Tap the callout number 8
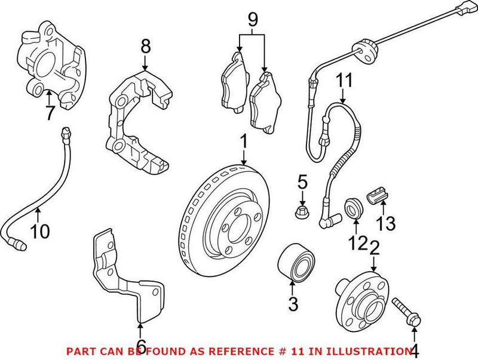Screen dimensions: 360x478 click(x=144, y=45)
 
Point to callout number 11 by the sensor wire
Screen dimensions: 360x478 click(x=343, y=79)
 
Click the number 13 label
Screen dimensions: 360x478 click(x=386, y=224)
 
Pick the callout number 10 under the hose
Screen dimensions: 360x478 click(x=41, y=230)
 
